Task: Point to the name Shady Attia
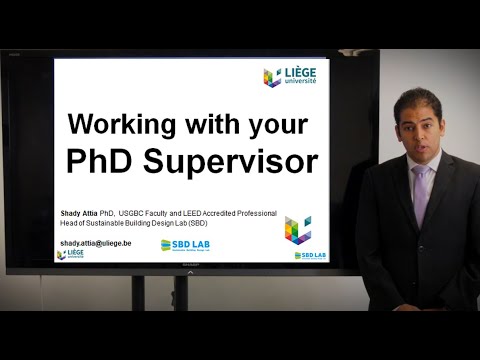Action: point(84,213)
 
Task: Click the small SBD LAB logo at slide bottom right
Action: point(311,255)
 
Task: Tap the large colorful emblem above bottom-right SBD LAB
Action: point(297,230)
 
